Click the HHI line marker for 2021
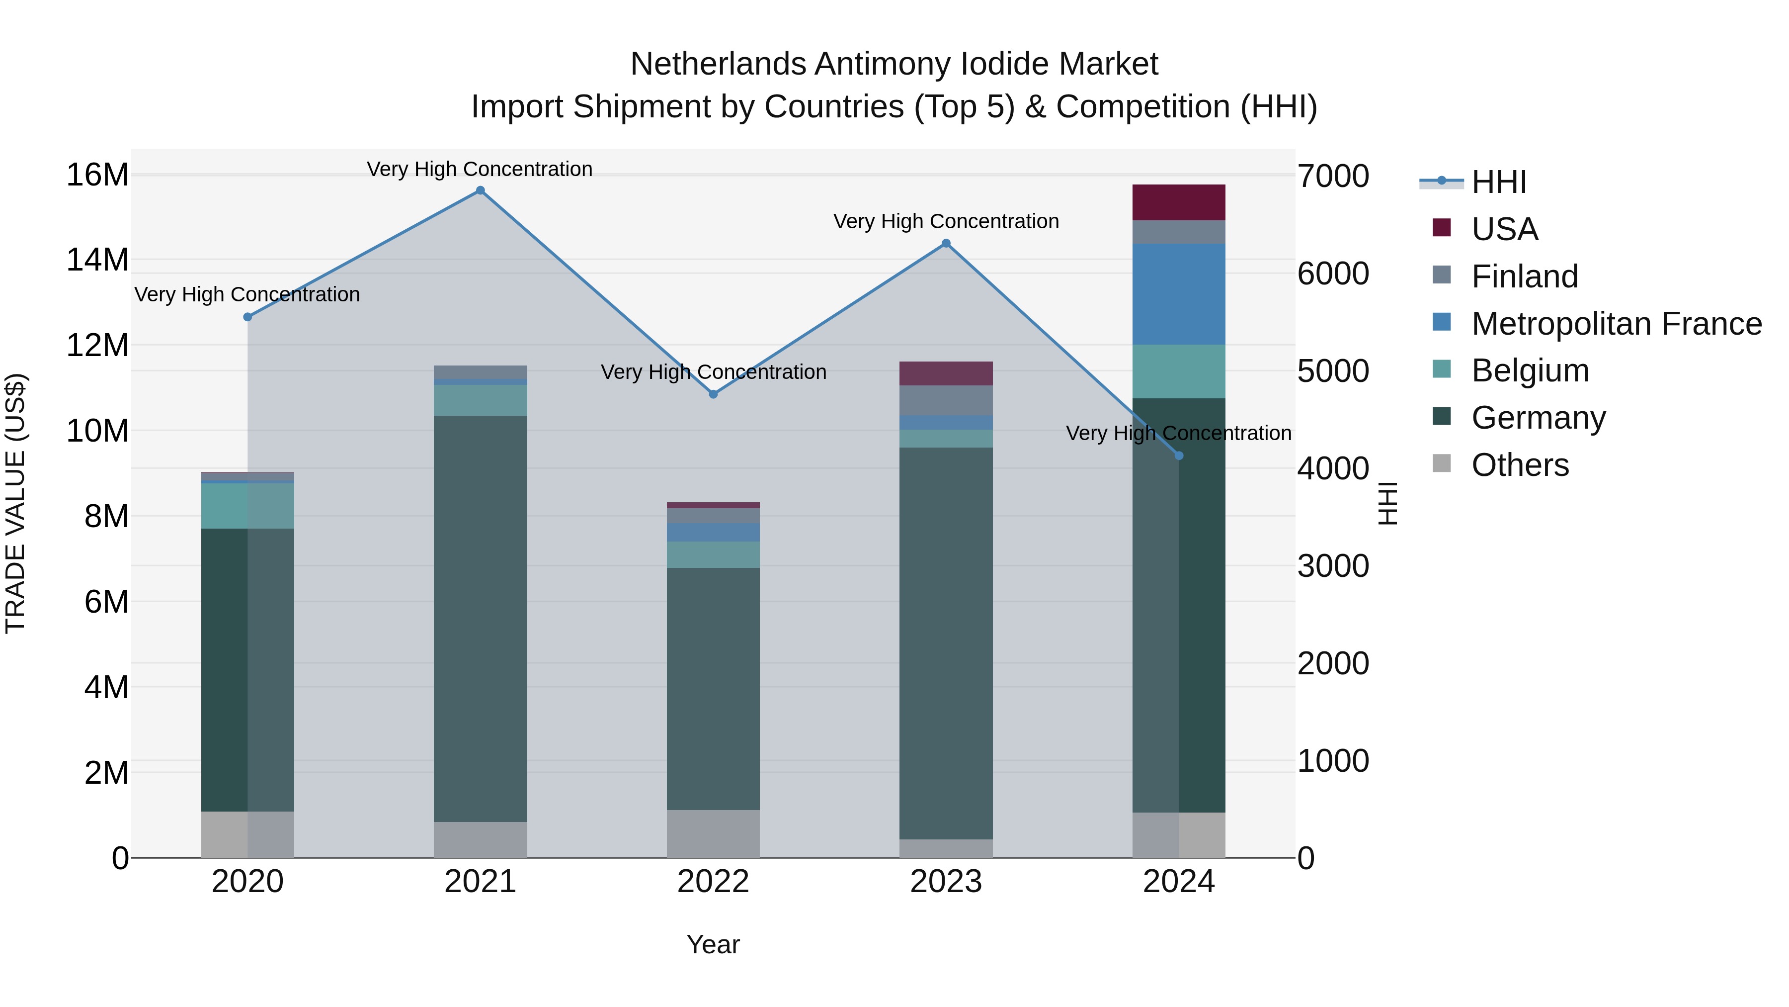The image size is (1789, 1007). point(480,190)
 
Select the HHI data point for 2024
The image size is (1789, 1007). point(1179,456)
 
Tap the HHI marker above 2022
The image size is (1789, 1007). point(713,394)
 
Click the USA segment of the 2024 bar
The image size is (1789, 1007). point(1179,202)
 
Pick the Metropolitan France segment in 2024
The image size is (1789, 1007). point(1179,294)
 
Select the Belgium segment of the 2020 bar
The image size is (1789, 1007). point(247,505)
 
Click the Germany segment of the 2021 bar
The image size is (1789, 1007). point(480,619)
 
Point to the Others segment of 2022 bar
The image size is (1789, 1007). point(713,833)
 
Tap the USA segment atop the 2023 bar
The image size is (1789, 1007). point(946,373)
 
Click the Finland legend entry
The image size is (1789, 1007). point(1525,276)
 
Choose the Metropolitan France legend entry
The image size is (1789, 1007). point(1616,324)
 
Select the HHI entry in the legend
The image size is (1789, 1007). point(1499,182)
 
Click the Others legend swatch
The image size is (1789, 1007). point(1442,463)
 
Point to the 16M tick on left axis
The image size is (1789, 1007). point(97,175)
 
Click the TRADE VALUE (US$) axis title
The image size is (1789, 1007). point(15,503)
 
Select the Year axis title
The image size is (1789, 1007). point(713,944)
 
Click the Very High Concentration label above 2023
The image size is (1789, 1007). point(946,222)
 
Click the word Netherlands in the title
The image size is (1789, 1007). point(719,64)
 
